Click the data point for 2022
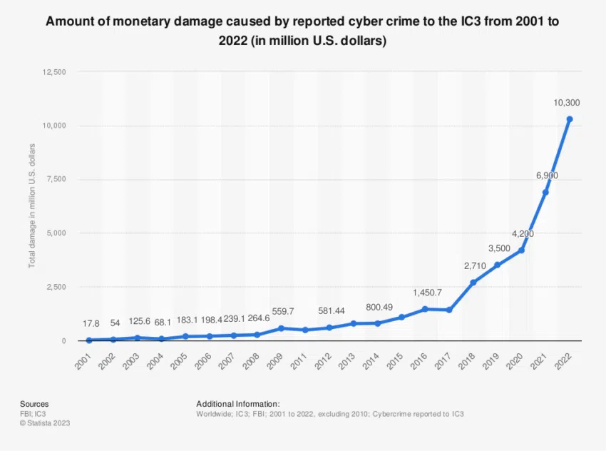570,119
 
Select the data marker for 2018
473,283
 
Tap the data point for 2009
281,328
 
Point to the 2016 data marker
425,309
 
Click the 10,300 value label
568,103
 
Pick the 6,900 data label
546,175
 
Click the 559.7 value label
281,313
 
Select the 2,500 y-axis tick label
54,287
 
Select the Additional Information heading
238,404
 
